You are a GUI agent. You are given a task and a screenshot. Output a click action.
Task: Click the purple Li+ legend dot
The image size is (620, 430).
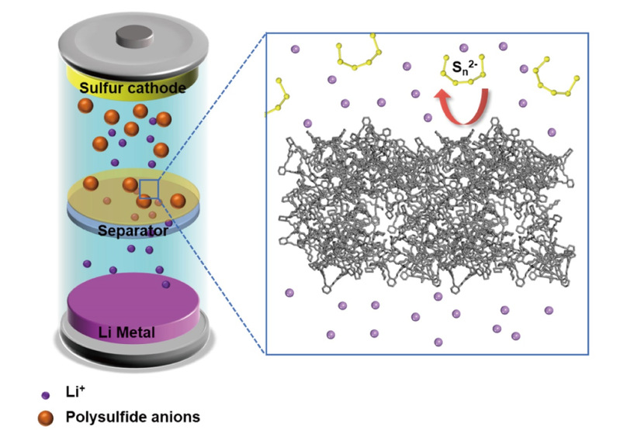click(46, 395)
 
